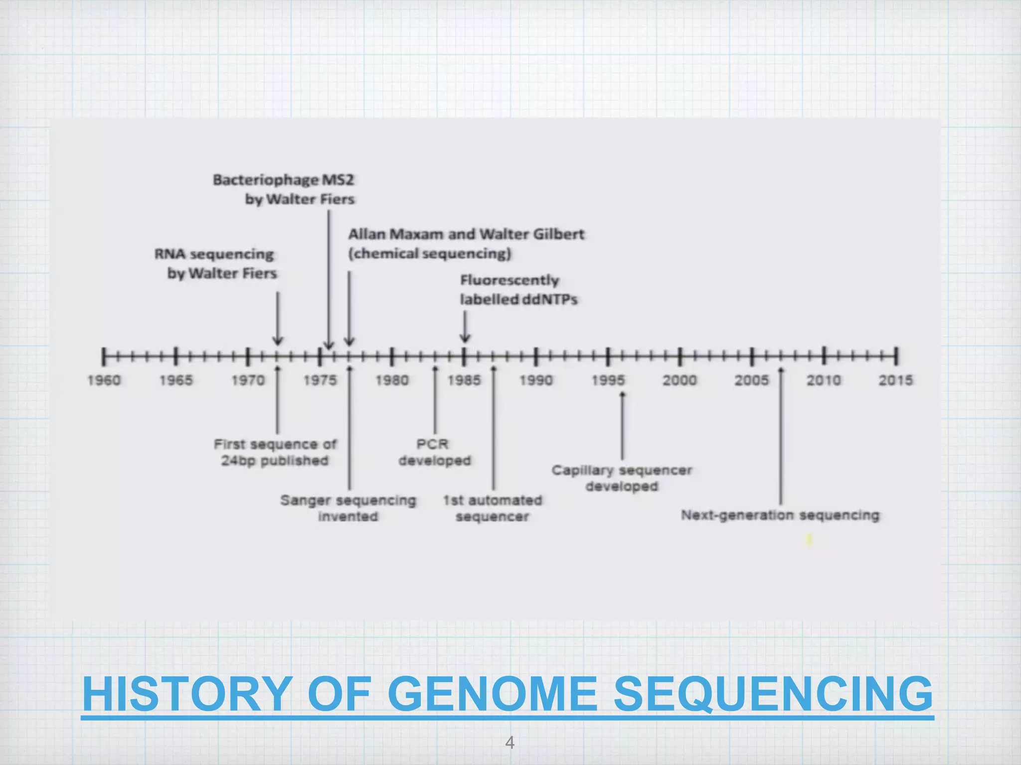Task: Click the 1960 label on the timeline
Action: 104,381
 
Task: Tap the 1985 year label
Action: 464,381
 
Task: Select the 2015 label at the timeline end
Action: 895,381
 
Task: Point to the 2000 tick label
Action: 680,381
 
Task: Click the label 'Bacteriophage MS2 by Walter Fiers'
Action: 284,189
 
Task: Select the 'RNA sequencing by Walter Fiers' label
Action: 215,263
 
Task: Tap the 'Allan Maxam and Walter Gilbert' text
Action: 466,234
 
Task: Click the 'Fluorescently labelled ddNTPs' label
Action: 518,289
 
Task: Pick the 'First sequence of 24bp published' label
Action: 275,452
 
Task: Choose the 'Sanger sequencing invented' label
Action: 348,508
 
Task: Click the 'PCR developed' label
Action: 434,452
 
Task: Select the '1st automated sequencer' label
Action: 493,508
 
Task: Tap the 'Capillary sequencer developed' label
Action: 622,478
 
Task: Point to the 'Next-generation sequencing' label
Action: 780,515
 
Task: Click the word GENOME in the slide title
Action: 493,694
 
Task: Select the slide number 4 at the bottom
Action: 510,743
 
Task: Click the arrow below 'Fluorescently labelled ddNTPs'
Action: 465,327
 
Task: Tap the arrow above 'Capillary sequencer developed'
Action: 622,426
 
